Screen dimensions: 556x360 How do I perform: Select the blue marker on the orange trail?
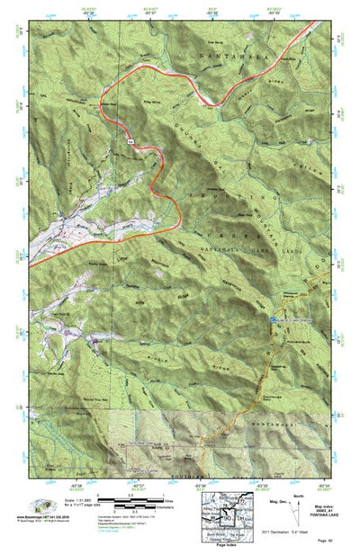pos(274,319)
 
